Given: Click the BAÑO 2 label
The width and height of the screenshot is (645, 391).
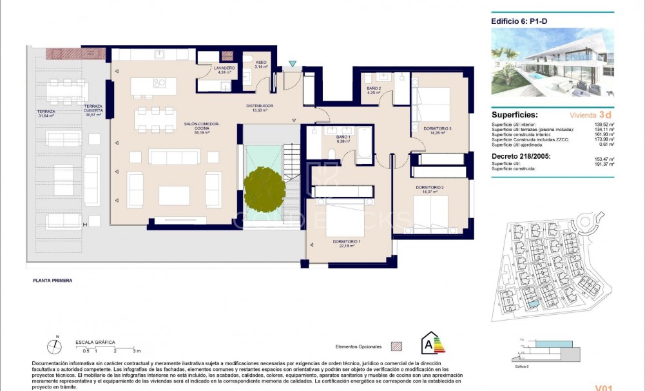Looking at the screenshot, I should (374, 90).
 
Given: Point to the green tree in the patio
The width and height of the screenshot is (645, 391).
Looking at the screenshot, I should (264, 188).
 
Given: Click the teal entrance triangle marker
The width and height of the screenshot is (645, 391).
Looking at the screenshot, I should (293, 64).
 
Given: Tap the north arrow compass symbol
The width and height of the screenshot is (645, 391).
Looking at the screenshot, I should (56, 346).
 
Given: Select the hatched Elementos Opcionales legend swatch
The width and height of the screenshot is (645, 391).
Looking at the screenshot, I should (397, 346).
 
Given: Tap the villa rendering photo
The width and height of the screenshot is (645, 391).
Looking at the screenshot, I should (552, 62).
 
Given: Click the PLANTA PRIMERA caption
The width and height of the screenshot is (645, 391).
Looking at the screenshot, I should (53, 281).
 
